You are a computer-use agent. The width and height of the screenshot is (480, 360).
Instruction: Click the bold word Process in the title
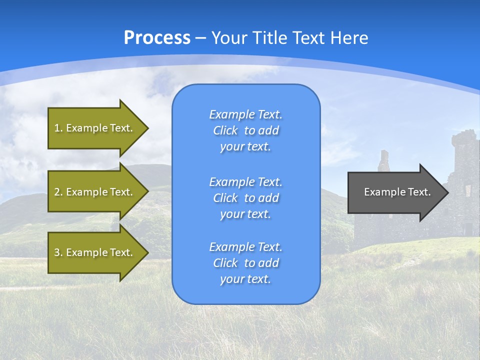157,38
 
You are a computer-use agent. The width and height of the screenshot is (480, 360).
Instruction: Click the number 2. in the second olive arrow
58,192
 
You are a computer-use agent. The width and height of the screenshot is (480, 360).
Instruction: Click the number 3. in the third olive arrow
58,252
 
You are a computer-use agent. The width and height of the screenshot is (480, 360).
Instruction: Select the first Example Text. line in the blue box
245,114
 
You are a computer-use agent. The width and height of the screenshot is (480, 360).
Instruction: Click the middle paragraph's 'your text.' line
245,214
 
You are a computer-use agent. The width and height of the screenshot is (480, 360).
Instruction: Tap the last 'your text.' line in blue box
245,279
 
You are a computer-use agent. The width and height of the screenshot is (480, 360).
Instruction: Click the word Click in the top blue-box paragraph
225,130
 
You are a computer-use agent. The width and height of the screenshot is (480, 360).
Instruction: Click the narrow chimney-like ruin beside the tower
383,161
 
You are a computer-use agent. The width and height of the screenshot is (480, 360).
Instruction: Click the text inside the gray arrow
397,192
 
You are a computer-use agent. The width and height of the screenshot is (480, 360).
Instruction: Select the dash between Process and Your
201,38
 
